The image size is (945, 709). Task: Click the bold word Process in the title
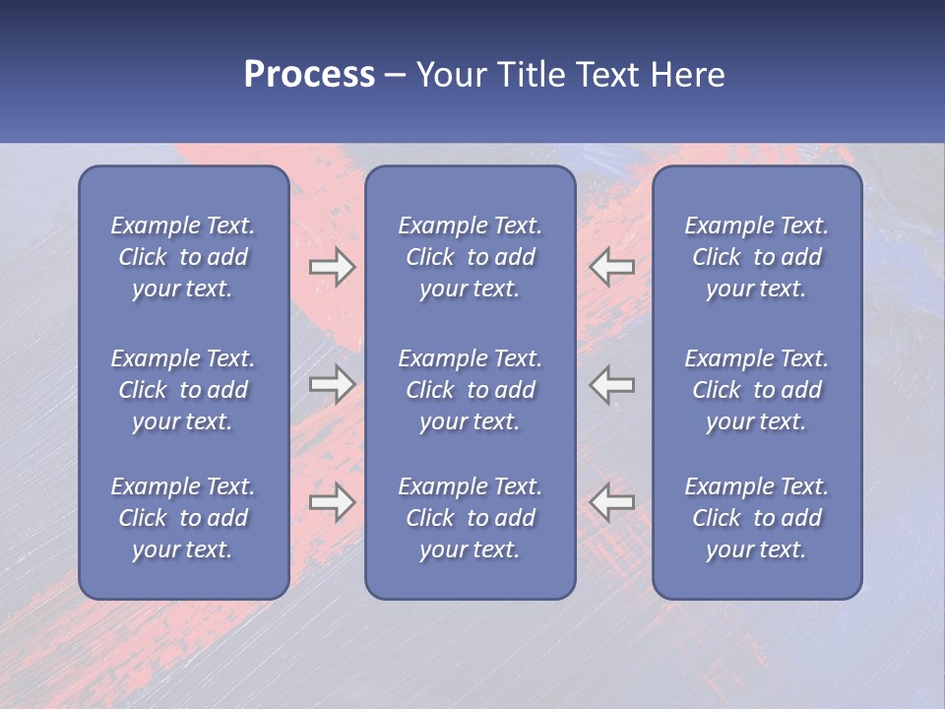[309, 75]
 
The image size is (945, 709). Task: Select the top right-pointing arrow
[332, 267]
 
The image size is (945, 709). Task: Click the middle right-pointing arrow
[332, 384]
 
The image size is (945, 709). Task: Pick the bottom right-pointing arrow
[332, 502]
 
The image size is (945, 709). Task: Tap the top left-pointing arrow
[612, 267]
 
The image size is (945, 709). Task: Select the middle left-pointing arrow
[612, 384]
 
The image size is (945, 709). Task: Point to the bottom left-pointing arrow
[612, 502]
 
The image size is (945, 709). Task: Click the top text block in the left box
[183, 257]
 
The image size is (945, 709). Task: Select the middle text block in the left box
[183, 390]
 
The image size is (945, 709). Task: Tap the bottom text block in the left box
[183, 518]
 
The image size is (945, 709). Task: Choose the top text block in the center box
[471, 257]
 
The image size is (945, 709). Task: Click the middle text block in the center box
[471, 390]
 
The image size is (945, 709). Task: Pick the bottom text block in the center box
[471, 518]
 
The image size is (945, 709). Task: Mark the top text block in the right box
[757, 257]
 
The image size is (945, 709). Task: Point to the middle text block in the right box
[757, 390]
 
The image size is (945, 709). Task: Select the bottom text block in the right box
[757, 518]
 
